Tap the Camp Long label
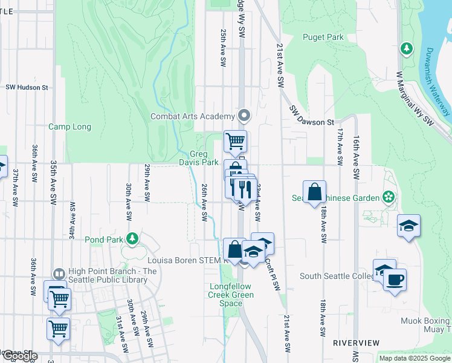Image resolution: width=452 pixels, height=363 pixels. (x=69, y=127)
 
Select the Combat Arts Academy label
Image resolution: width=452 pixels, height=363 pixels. (x=192, y=116)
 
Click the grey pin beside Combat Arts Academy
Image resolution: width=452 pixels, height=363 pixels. (x=244, y=115)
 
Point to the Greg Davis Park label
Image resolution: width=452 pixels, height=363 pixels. (x=199, y=159)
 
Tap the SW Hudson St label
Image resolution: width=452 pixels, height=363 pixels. (x=27, y=87)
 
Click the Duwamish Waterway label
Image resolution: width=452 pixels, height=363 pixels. (x=436, y=82)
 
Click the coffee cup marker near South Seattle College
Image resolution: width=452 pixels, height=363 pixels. (x=395, y=280)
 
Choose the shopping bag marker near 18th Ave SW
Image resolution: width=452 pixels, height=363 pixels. (x=314, y=192)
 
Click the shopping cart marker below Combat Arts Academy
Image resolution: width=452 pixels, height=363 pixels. (x=235, y=142)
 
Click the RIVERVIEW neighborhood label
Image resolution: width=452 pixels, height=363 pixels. (x=356, y=343)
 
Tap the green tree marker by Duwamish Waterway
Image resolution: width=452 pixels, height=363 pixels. (x=407, y=48)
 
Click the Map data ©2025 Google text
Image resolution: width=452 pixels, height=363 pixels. (x=414, y=358)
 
